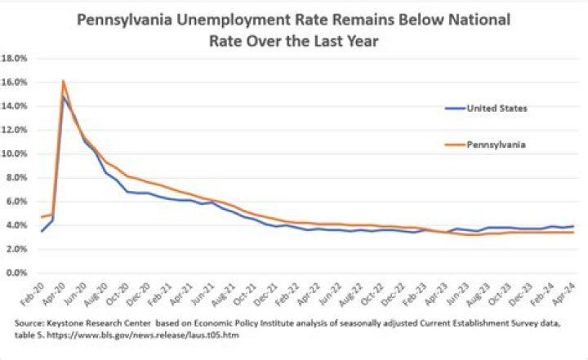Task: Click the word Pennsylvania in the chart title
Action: tap(124, 20)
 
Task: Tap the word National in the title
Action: tap(479, 19)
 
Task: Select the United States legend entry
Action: tap(486, 109)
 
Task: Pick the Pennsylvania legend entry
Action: tap(485, 144)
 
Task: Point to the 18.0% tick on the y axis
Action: tap(15, 58)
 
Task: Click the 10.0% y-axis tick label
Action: tap(15, 153)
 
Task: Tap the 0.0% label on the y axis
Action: tap(17, 273)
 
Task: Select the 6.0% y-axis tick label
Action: tap(17, 202)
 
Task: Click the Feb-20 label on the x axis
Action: tap(33, 295)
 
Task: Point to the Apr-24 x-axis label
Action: tap(565, 295)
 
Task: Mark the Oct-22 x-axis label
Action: tap(373, 295)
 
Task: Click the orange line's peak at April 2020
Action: tap(63, 80)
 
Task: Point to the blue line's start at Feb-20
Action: tap(42, 231)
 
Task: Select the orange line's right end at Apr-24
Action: tap(573, 233)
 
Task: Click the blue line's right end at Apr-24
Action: tap(573, 226)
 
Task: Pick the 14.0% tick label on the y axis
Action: tap(15, 106)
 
